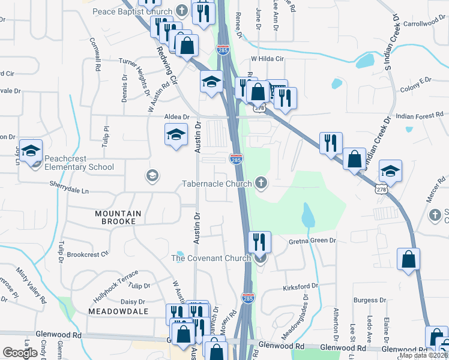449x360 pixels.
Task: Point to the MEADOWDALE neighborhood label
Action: [x=118, y=311]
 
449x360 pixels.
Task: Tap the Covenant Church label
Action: [x=211, y=258]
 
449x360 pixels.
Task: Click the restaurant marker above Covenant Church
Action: [x=259, y=241]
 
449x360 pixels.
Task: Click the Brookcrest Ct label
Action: [x=88, y=254]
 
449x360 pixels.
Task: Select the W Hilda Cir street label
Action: [x=267, y=59]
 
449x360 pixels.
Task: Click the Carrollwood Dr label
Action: [x=426, y=23]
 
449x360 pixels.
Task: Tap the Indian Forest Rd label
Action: [x=420, y=115]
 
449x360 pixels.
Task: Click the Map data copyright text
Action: [x=423, y=355]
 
